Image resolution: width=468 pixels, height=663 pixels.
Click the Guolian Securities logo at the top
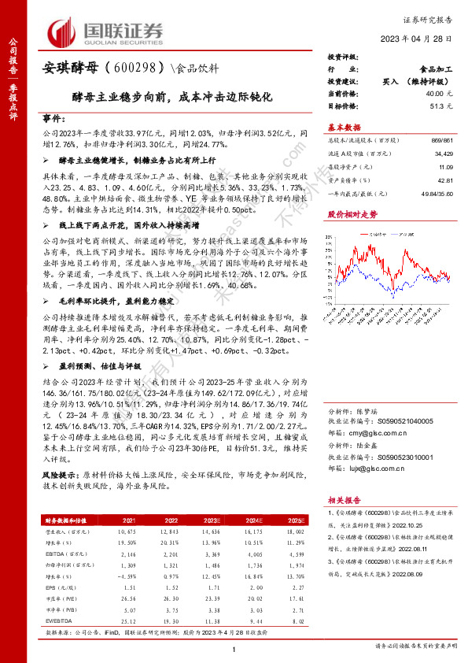point(107,32)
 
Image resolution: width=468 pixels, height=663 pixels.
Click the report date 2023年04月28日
point(425,39)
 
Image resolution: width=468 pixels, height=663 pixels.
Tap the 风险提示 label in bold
point(59,475)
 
